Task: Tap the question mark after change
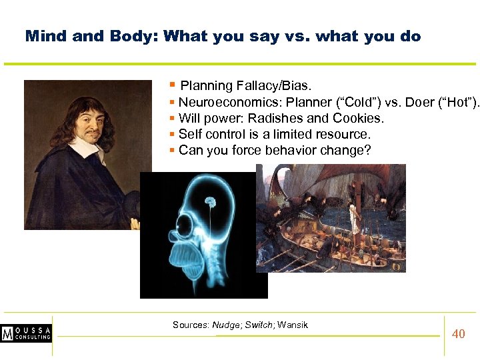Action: click(367, 150)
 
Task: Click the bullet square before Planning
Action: click(172, 85)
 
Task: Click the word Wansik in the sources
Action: click(293, 325)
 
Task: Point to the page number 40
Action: click(459, 334)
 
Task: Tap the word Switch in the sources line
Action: click(259, 325)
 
